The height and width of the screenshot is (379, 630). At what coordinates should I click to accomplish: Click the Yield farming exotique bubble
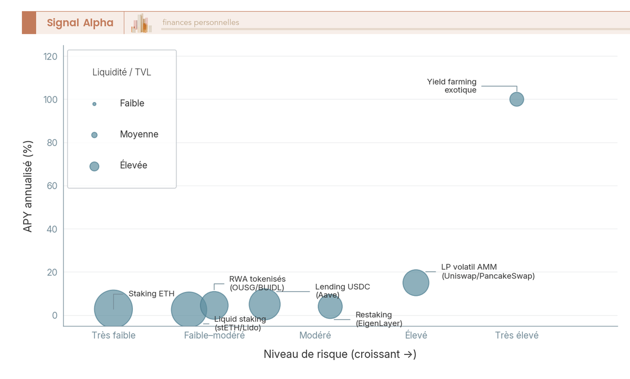(x=517, y=99)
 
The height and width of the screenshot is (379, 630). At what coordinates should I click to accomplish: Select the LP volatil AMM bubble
(x=416, y=283)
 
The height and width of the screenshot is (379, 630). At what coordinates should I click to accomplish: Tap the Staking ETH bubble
(x=113, y=309)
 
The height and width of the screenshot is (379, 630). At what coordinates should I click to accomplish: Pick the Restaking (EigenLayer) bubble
(x=330, y=306)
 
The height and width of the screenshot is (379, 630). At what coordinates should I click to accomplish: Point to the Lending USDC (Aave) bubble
(x=265, y=304)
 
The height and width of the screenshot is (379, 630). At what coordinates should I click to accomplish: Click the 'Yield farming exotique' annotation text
(x=451, y=86)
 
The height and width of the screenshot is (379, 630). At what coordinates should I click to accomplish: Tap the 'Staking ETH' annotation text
(x=151, y=294)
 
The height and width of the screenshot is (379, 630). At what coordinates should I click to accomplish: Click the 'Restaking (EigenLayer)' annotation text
(x=379, y=319)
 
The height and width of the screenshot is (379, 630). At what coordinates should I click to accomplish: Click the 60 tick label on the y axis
(x=52, y=186)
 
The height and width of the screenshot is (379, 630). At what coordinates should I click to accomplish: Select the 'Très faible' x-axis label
(x=113, y=335)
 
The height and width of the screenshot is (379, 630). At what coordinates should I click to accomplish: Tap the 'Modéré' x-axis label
(x=315, y=335)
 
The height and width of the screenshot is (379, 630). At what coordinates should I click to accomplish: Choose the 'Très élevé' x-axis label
(x=517, y=335)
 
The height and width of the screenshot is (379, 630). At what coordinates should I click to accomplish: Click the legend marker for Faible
(x=94, y=104)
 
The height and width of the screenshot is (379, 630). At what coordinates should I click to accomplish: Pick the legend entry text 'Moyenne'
(x=139, y=135)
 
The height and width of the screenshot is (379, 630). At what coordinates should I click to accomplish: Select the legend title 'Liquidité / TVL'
(x=122, y=73)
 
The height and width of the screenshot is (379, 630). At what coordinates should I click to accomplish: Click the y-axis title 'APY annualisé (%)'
(x=28, y=187)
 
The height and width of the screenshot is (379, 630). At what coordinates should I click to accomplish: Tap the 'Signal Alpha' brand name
(x=80, y=23)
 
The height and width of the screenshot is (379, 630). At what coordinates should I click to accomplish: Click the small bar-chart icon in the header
(x=141, y=23)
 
